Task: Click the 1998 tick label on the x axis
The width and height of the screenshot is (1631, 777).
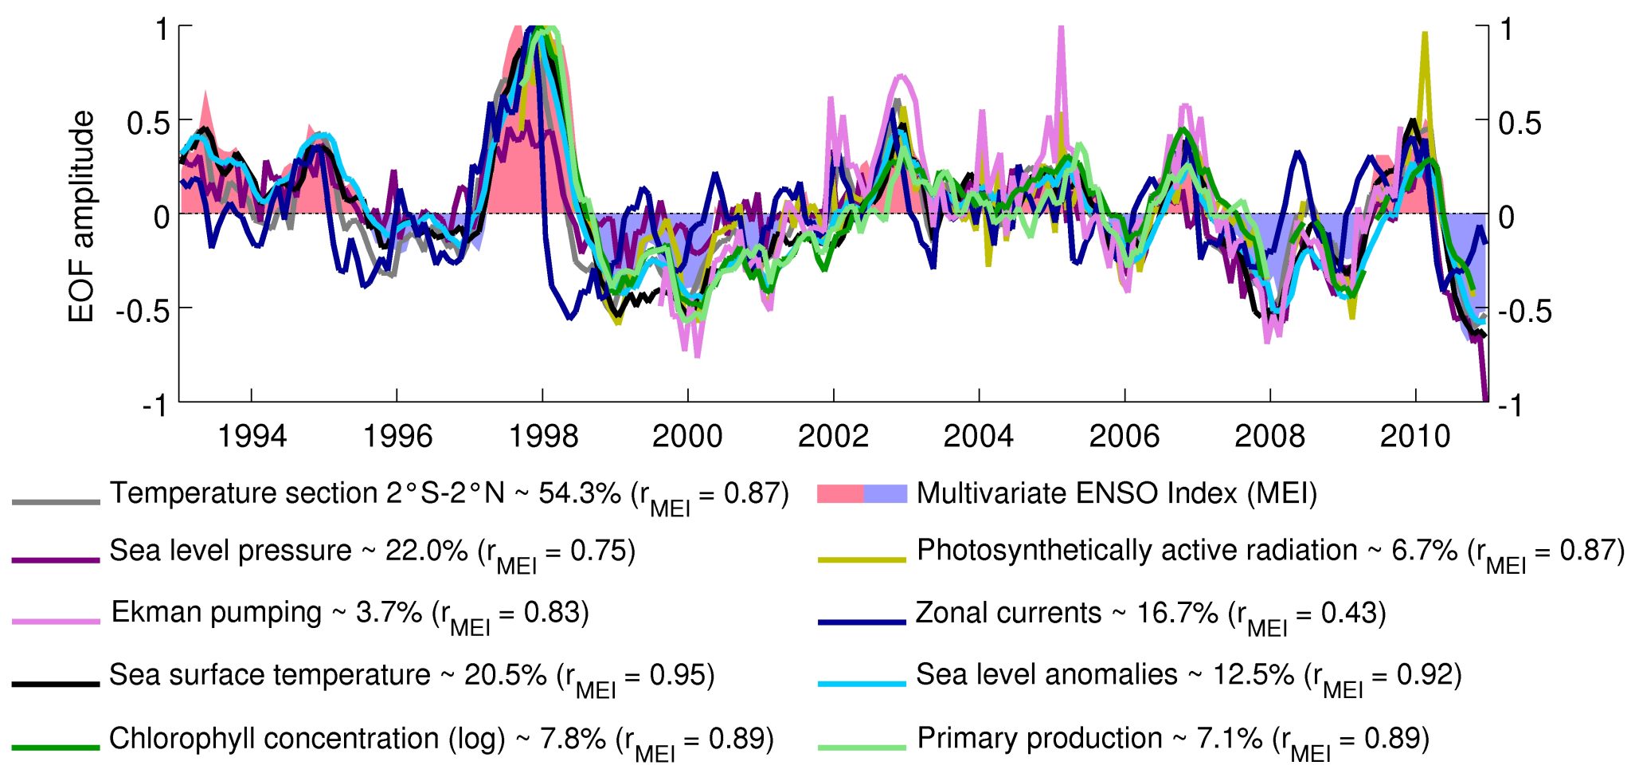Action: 542,437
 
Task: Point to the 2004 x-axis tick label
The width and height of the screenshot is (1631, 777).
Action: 979,437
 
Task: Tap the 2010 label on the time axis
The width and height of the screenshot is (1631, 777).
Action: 1415,437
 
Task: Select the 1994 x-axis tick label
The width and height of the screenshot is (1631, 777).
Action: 252,437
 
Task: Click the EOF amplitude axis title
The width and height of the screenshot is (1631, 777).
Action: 81,217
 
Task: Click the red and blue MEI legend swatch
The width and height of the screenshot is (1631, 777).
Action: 862,494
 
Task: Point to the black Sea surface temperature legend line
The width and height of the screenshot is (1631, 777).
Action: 56,684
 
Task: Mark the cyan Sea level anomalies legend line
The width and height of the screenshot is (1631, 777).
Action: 862,684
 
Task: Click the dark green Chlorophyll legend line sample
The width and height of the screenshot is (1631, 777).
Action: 56,747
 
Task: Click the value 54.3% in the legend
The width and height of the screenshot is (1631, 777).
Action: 580,493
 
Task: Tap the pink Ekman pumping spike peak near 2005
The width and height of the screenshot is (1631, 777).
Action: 1061,29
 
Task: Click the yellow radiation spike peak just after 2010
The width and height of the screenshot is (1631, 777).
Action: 1425,33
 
